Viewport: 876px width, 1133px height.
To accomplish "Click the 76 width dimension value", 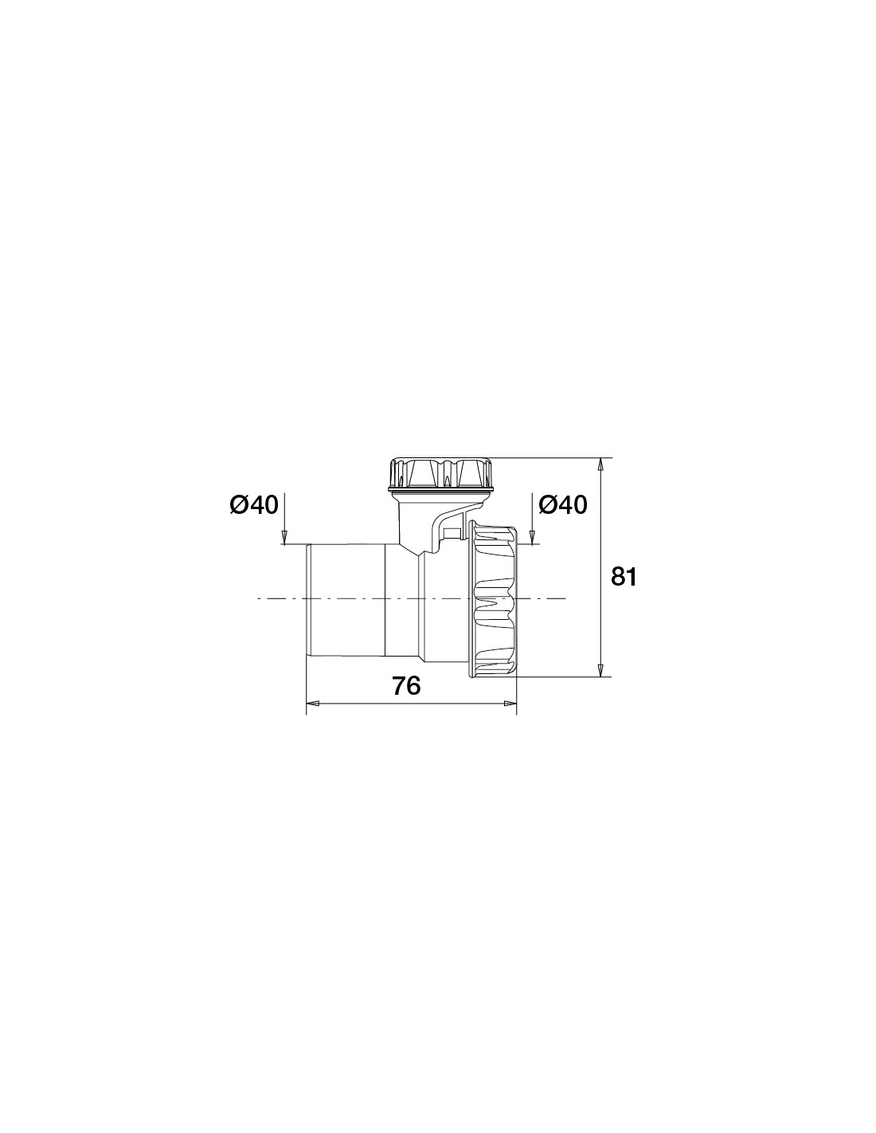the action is click(406, 686).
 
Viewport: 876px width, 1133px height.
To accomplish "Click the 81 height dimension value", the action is click(624, 577).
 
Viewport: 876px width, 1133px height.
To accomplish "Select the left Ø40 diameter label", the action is click(254, 505).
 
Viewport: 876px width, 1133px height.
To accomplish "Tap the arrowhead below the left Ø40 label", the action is click(284, 538).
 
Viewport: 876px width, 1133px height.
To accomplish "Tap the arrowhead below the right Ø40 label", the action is click(532, 538).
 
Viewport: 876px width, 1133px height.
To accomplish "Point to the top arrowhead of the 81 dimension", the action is click(600, 465).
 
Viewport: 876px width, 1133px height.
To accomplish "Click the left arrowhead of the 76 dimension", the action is click(313, 704).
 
